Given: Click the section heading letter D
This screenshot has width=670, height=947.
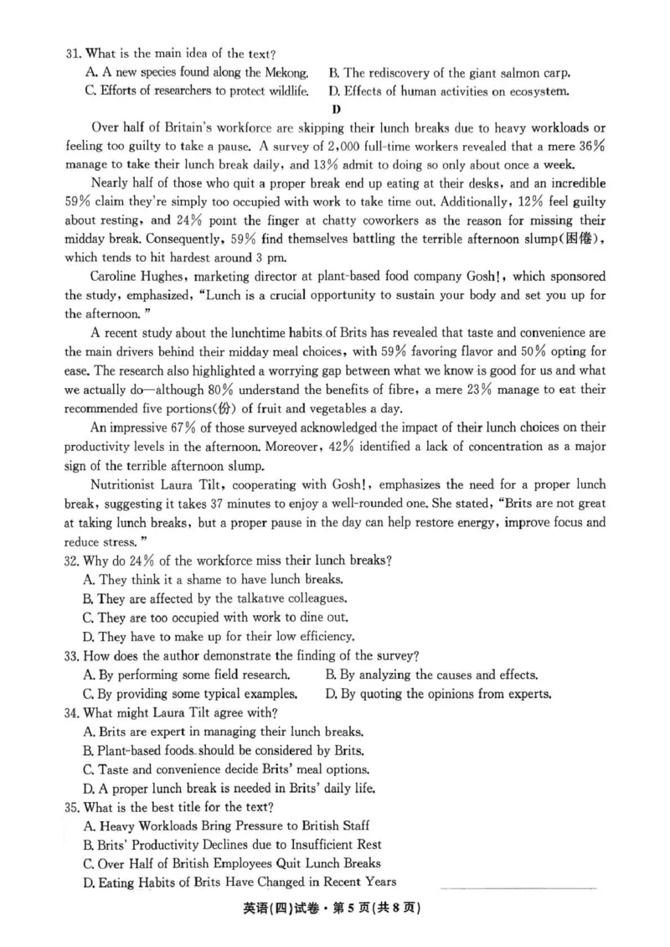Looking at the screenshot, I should [x=336, y=109].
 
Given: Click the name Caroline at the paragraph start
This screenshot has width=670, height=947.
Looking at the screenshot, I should [x=116, y=276].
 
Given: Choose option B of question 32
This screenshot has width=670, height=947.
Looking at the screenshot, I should [x=221, y=598].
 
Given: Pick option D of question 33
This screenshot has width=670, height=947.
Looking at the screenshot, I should [x=438, y=693].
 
